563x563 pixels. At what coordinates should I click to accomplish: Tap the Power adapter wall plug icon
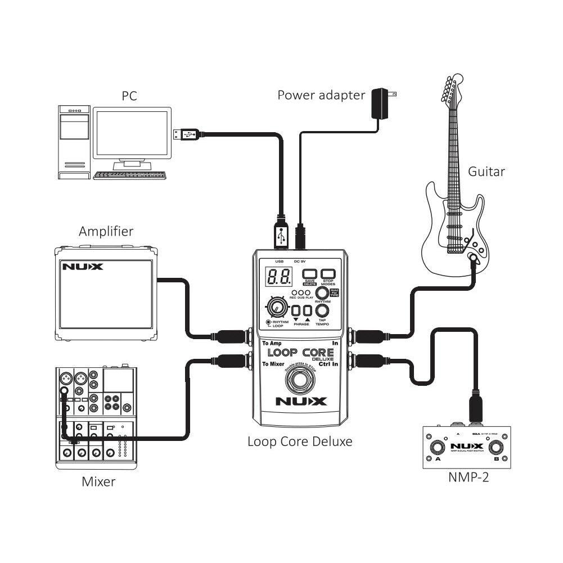[x=382, y=103]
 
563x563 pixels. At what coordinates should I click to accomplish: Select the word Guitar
[x=487, y=172]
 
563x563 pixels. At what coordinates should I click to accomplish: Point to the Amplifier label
[x=106, y=231]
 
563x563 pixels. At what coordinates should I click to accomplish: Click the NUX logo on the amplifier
[x=83, y=267]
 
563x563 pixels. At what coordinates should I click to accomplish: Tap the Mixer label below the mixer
[x=98, y=481]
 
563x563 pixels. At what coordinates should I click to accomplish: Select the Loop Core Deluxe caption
[x=300, y=442]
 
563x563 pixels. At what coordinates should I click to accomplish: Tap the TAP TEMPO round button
[x=322, y=310]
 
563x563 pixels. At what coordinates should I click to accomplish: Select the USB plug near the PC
[x=186, y=134]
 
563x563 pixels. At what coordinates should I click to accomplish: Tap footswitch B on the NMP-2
[x=496, y=448]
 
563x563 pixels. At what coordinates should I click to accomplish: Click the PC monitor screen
[x=132, y=133]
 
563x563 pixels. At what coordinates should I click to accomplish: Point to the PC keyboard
[x=130, y=175]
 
